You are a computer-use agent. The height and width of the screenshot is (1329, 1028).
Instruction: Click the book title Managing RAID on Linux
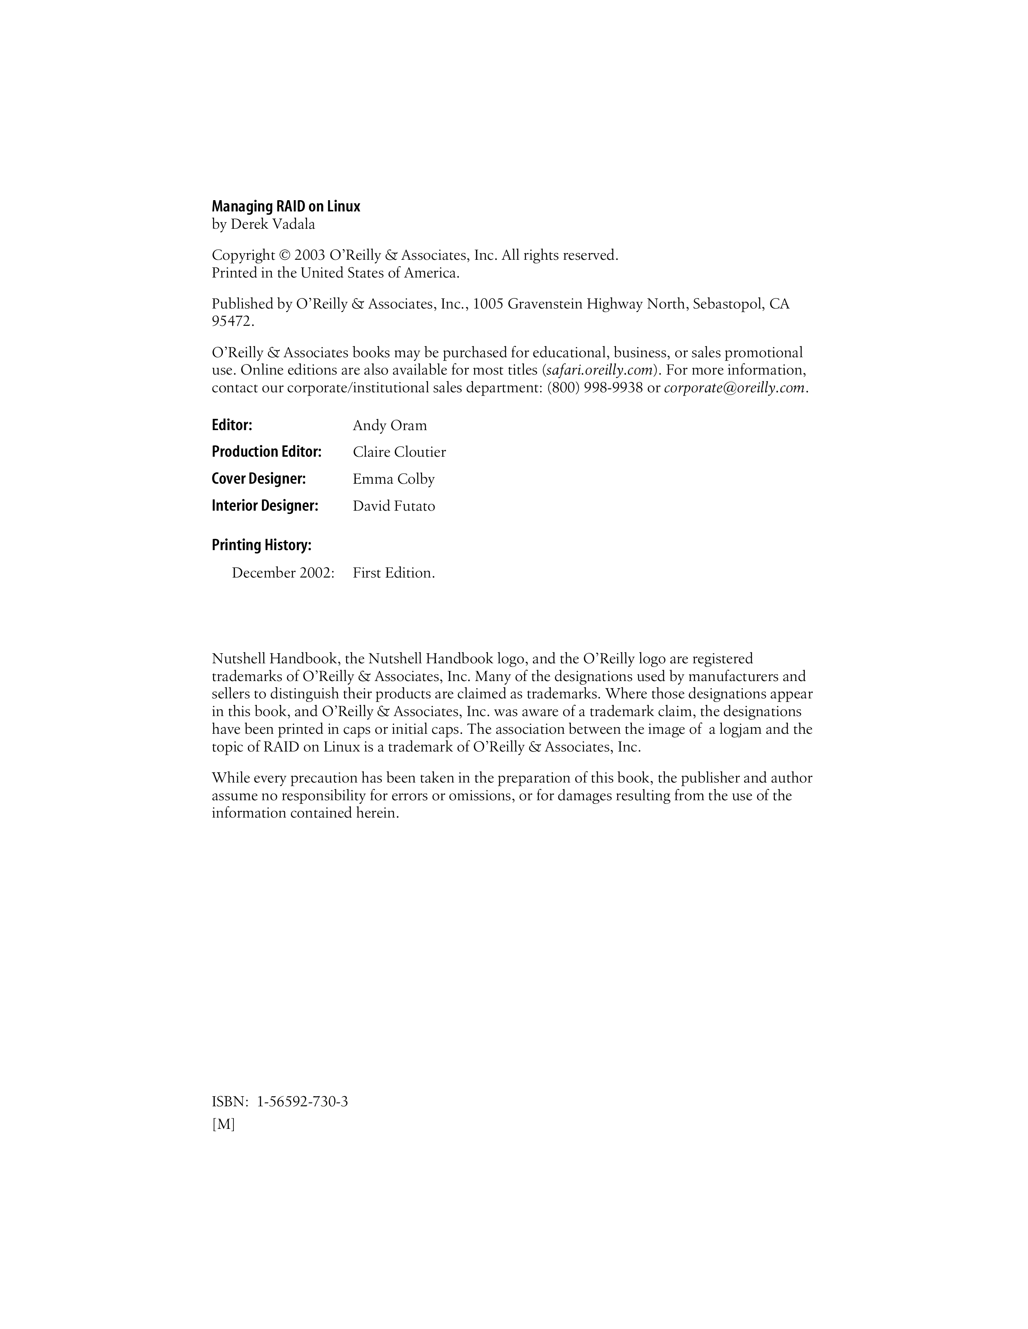(x=286, y=207)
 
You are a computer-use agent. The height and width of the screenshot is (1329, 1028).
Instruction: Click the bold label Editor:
(x=232, y=425)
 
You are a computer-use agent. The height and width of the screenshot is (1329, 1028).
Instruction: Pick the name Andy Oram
(x=390, y=425)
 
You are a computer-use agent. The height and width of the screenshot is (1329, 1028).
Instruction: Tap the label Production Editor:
(x=266, y=451)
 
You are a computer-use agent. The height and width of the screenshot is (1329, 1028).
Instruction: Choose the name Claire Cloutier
(x=399, y=452)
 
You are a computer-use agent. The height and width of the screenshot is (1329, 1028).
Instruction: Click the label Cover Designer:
(x=258, y=479)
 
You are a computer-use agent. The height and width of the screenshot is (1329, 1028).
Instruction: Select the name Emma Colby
(x=393, y=480)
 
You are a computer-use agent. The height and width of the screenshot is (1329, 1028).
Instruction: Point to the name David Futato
(x=393, y=506)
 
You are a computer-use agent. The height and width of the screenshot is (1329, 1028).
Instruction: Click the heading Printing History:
(x=261, y=545)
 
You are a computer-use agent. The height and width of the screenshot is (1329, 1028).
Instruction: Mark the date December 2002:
(x=283, y=573)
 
